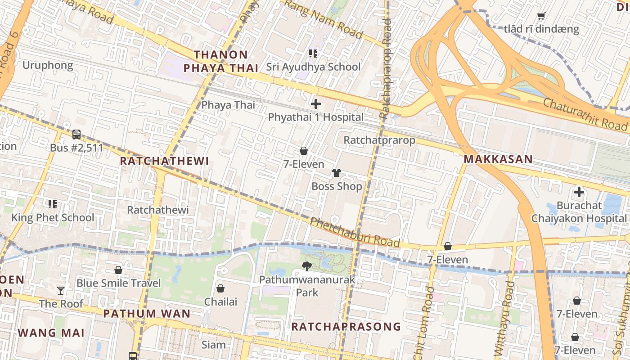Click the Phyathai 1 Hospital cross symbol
(316, 104)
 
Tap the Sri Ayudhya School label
(313, 67)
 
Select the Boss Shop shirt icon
(337, 173)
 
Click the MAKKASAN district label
(498, 159)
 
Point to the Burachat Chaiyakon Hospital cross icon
(579, 193)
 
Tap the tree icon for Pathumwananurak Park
(307, 266)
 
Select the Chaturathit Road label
(585, 113)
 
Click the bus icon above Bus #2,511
(76, 134)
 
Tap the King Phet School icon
(53, 204)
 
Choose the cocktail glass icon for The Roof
(61, 290)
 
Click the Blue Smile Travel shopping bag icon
(118, 270)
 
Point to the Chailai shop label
(220, 301)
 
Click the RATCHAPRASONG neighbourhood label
(346, 326)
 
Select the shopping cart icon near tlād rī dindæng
(541, 16)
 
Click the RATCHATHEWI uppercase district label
(165, 161)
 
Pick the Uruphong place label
(48, 65)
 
